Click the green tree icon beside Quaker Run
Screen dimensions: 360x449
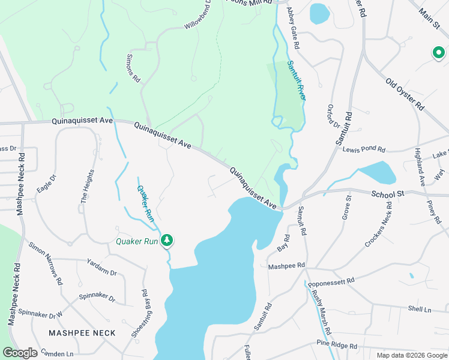(x=167, y=241)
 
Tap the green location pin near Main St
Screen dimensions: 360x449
(x=439, y=53)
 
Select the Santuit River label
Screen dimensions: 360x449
(x=297, y=80)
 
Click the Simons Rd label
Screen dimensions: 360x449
(x=133, y=70)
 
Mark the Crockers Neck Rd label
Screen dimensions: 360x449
(x=379, y=225)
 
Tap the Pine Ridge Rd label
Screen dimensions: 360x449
(x=337, y=346)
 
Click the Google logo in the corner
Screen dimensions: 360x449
(x=20, y=352)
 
